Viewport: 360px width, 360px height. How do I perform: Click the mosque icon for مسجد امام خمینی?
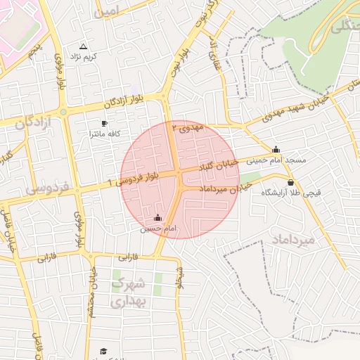pos(276,149)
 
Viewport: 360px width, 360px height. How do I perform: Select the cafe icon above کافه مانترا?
pos(104,123)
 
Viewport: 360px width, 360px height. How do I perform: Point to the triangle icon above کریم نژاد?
pos(84,46)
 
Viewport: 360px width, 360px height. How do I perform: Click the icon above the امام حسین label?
pos(156,218)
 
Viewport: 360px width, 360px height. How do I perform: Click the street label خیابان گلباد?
pos(219,165)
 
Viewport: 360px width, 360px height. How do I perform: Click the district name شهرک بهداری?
pos(128,292)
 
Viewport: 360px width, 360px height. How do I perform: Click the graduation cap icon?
pos(103,351)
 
